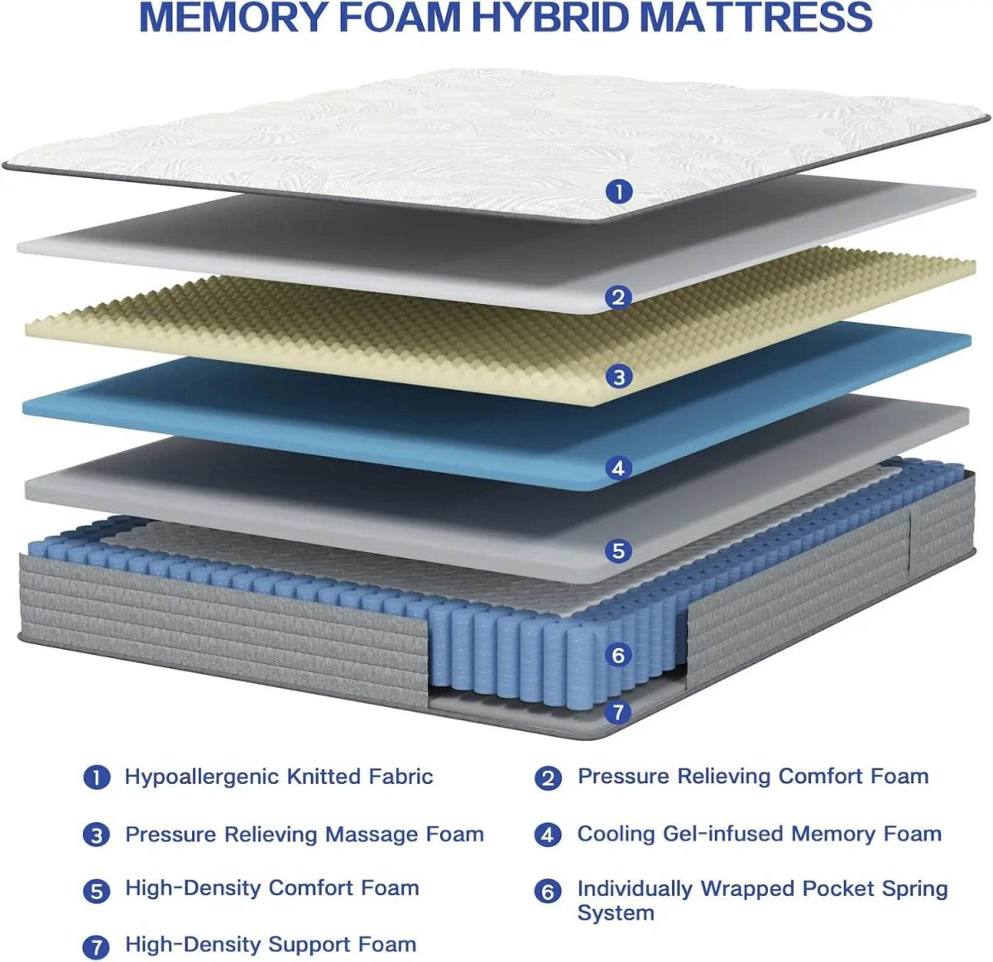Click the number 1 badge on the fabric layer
pos(619,192)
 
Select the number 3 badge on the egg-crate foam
pos(619,378)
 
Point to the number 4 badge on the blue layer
pos(618,469)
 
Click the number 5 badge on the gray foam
pos(618,551)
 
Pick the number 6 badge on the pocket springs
pos(618,656)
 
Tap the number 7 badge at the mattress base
pos(618,712)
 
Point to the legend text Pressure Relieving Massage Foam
pos(305,835)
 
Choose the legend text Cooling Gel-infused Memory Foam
pos(759,834)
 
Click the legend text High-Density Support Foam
pos(271,945)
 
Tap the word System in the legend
pos(616,913)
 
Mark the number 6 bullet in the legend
pos(548,892)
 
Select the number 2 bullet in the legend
pos(548,778)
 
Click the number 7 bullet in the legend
pos(97,946)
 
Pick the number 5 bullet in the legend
pos(97,891)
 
